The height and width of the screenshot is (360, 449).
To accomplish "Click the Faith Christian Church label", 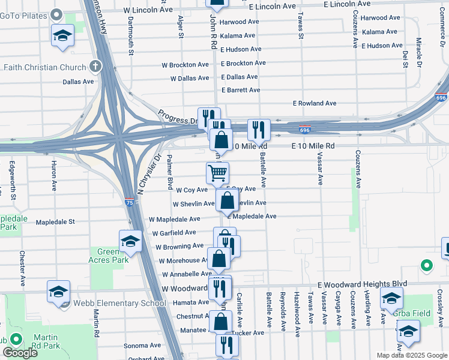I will pos(44,67).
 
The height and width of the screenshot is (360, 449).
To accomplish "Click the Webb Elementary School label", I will pos(119,303).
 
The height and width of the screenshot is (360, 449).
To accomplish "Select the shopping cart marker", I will pos(217,173).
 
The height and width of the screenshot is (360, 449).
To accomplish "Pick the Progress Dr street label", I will pos(177,116).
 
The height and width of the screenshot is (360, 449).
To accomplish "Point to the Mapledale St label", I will pos(55,222).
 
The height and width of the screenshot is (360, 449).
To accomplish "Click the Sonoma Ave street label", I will pos(142,346).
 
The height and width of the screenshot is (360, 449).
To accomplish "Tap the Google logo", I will pos(20,353).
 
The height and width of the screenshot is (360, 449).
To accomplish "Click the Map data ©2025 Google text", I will pos(411,355).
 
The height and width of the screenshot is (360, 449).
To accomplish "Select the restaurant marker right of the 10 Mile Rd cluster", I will pos(259,128).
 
